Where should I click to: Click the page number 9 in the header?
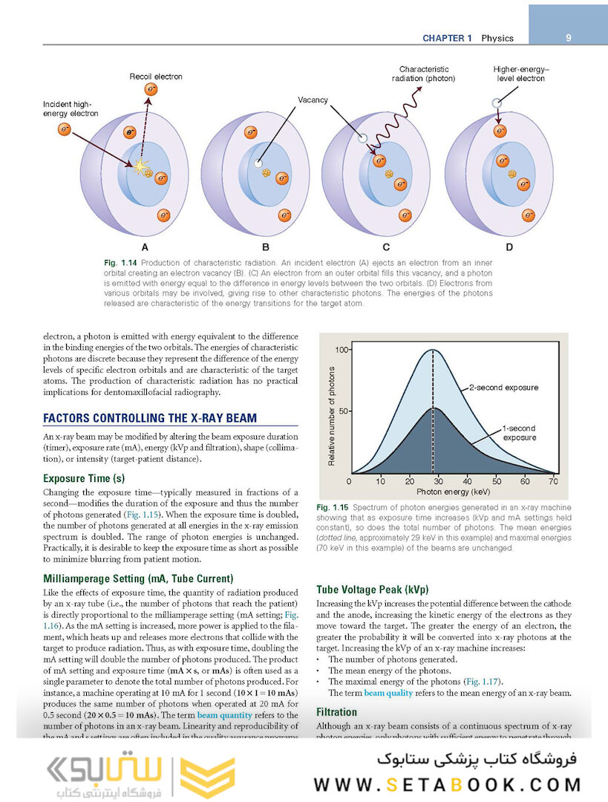tap(568, 38)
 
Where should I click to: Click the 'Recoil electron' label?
tap(156, 76)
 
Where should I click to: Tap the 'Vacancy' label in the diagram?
tap(313, 100)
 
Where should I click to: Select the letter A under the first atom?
tap(145, 247)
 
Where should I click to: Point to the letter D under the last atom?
tap(509, 247)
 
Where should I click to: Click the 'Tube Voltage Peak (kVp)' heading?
tap(373, 590)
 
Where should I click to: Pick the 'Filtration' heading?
tap(337, 712)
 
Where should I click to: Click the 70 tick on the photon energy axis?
tap(553, 482)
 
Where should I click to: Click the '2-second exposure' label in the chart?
tap(503, 388)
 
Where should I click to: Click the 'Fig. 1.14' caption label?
tap(120, 264)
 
